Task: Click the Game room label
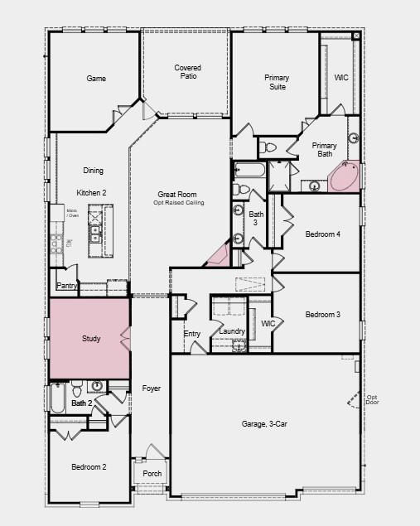(96, 79)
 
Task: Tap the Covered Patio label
(187, 72)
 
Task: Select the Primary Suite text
(277, 82)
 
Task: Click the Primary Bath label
(324, 150)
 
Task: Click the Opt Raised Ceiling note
(178, 203)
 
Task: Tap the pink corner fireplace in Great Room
(218, 257)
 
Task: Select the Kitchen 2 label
(92, 192)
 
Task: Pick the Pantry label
(67, 286)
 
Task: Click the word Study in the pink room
(91, 340)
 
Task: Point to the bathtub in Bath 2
(58, 399)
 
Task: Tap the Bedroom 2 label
(89, 467)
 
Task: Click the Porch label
(152, 474)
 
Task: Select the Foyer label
(152, 388)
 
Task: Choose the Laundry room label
(232, 331)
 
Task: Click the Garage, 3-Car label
(264, 424)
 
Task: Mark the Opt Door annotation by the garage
(372, 400)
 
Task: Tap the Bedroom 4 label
(322, 234)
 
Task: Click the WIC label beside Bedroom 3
(268, 324)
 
